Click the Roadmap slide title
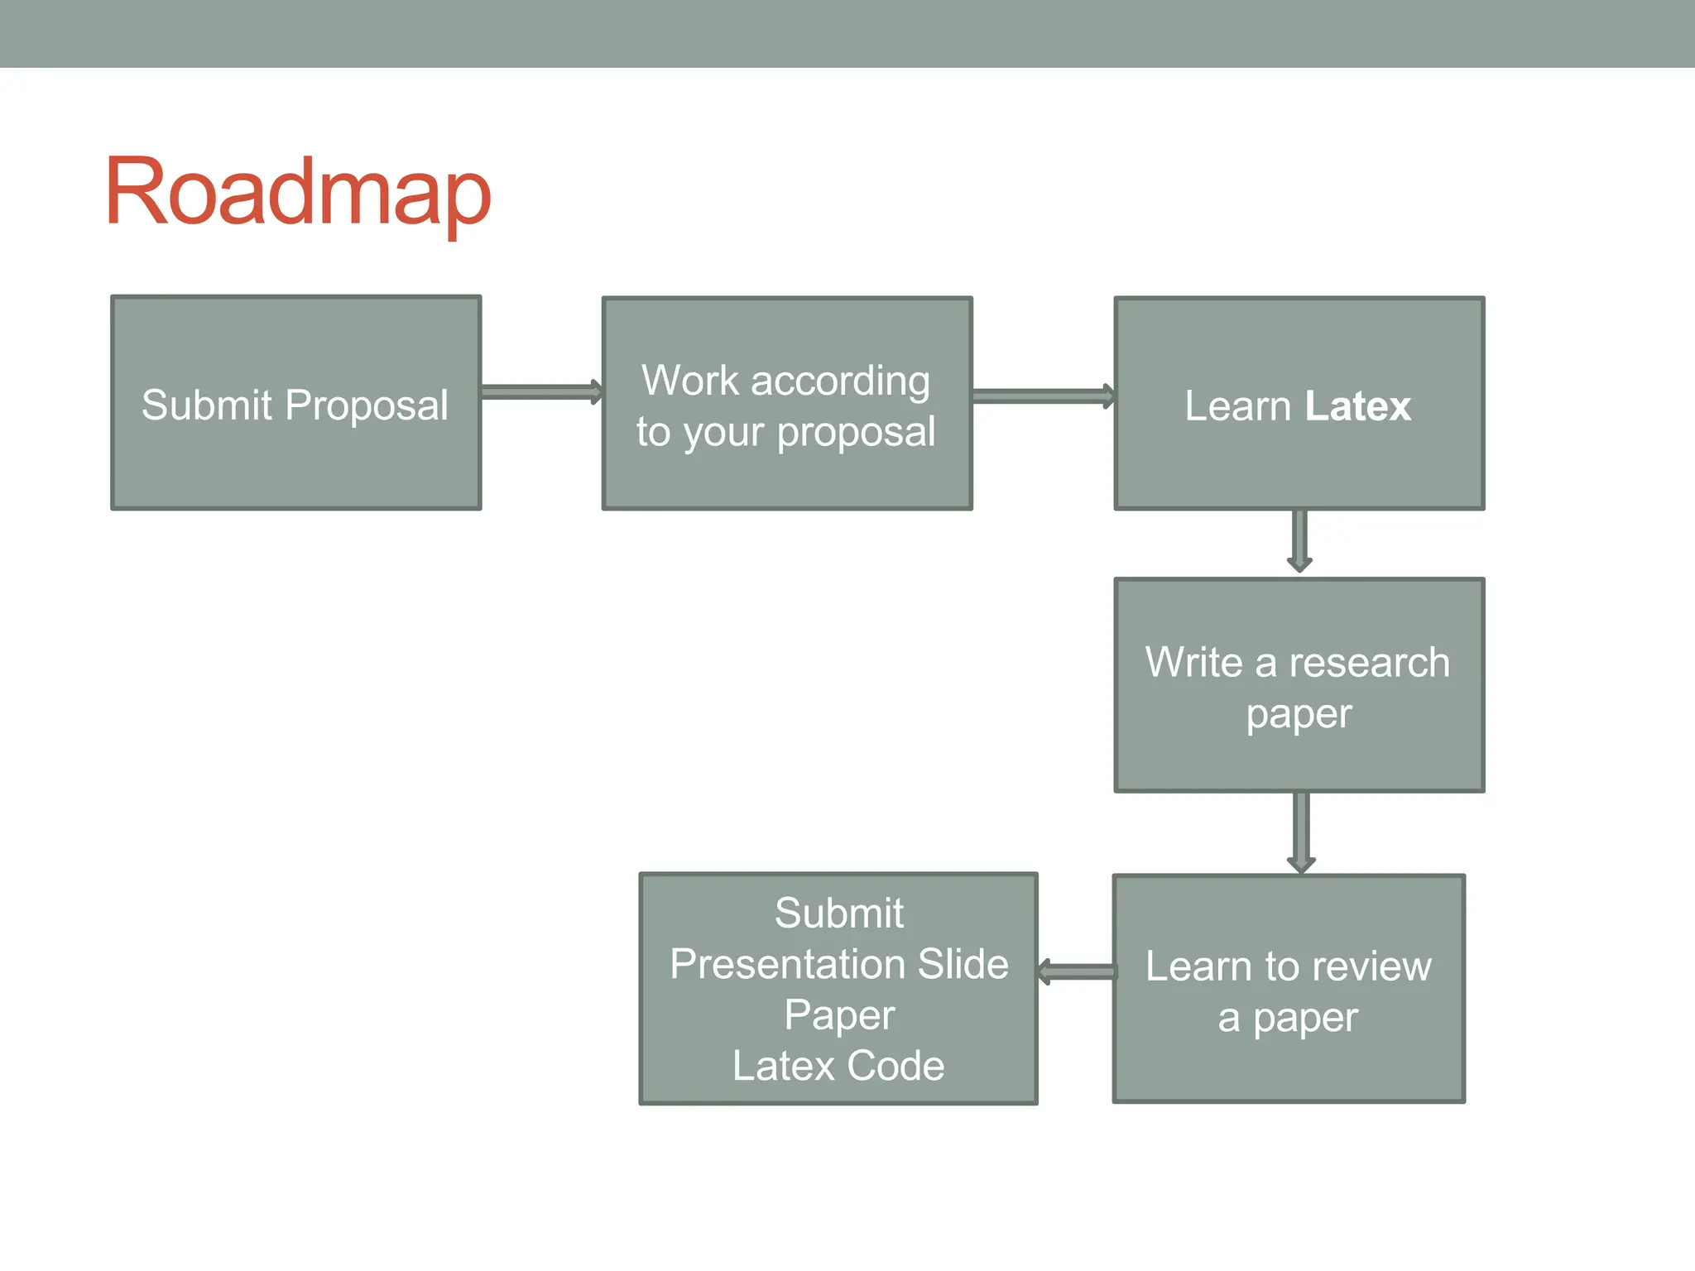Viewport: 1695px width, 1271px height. click(298, 192)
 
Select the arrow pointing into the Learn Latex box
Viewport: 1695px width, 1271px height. click(1043, 396)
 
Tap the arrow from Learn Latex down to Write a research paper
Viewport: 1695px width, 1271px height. click(1299, 540)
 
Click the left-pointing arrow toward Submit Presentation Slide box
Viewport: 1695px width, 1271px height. click(1076, 971)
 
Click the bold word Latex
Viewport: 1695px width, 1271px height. click(1357, 406)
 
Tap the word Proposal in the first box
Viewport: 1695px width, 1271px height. click(366, 405)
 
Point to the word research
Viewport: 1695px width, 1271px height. click(1369, 663)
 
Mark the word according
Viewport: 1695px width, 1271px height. click(840, 382)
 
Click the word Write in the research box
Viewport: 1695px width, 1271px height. click(1193, 663)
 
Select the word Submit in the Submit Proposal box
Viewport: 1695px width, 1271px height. click(207, 405)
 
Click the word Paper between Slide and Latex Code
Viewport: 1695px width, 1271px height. click(839, 1016)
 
